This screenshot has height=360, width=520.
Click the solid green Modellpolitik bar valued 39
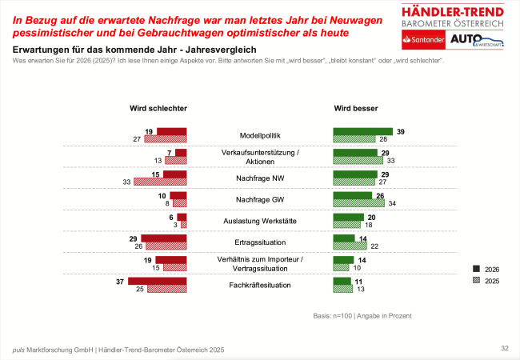pyautogui.click(x=362, y=132)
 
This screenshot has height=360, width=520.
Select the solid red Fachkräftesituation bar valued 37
pyautogui.click(x=157, y=281)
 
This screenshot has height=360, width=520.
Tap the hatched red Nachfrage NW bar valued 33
pyautogui.click(x=160, y=182)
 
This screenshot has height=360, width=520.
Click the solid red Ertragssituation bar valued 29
pyautogui.click(x=163, y=238)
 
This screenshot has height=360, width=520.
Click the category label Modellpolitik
pyautogui.click(x=259, y=135)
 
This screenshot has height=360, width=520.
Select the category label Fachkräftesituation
pyautogui.click(x=259, y=285)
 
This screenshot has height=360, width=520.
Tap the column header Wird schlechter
pyautogui.click(x=158, y=108)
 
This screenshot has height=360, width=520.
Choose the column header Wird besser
pyautogui.click(x=356, y=108)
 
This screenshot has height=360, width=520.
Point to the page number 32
pyautogui.click(x=505, y=348)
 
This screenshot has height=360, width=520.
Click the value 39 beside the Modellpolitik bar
pyautogui.click(x=401, y=131)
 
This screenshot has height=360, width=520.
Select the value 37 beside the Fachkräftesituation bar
pyautogui.click(x=121, y=280)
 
